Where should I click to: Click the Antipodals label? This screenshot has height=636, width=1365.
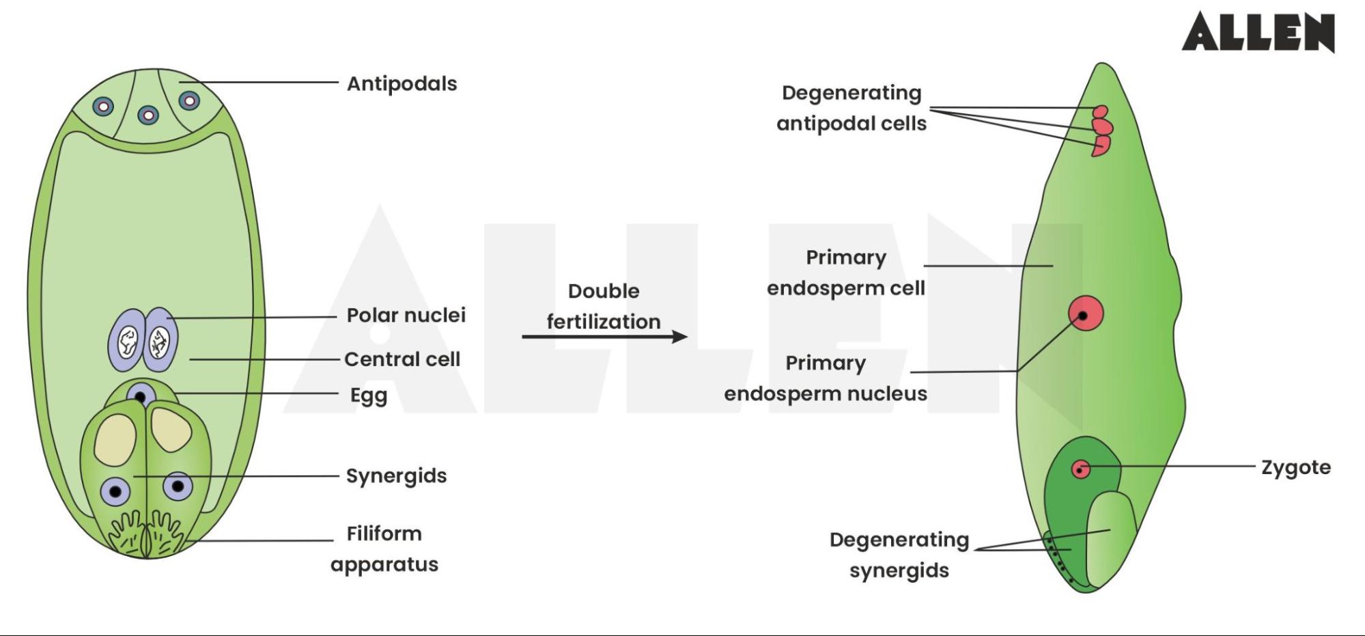402,83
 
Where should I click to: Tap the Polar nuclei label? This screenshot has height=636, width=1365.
406,315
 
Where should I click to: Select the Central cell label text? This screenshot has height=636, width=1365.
402,359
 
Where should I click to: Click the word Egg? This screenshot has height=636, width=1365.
369,396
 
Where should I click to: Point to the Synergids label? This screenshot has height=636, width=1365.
396,475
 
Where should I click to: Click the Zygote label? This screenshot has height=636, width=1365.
1295,467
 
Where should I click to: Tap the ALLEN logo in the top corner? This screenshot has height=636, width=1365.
1258,32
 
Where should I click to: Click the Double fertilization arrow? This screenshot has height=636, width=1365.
604,336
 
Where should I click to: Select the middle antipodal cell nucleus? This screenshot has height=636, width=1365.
148,115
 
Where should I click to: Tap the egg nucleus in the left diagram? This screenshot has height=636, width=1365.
141,396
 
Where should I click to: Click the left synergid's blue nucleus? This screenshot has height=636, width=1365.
115,491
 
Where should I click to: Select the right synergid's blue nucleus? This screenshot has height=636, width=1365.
178,486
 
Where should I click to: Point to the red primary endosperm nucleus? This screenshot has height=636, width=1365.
1085,314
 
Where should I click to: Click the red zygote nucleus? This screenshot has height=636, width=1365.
1080,469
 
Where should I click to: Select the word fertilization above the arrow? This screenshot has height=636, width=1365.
604,321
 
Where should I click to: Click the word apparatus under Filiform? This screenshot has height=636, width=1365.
384,564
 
